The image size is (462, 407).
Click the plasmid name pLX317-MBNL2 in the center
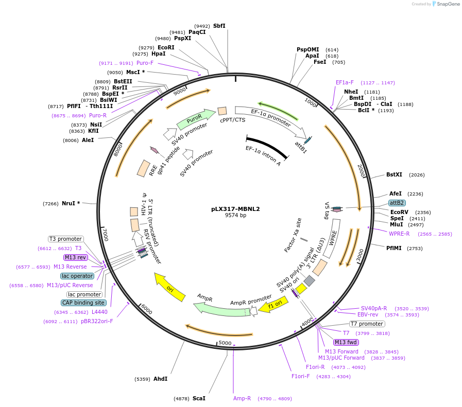[x=235, y=209]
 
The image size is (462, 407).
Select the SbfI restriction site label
[x=219, y=26]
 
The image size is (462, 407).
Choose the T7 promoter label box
[x=367, y=324]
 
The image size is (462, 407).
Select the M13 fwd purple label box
[x=346, y=342]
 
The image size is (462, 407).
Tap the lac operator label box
[x=77, y=276]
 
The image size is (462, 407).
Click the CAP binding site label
[x=84, y=303]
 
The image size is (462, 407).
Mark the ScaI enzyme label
[x=199, y=398]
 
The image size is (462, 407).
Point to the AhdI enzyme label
[x=160, y=379]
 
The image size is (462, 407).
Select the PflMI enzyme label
[x=394, y=249]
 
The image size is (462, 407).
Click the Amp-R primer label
[x=242, y=398]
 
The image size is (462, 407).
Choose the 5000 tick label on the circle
[x=225, y=343]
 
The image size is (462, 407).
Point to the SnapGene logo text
[x=447, y=4]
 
